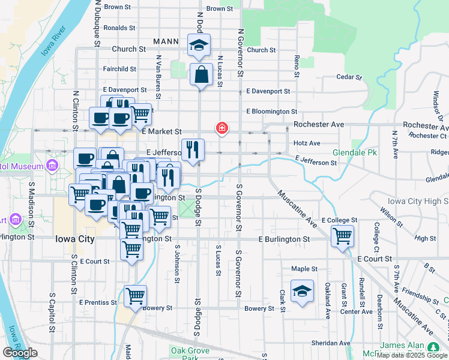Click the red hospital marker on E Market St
click(222, 128)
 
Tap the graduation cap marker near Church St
click(198, 45)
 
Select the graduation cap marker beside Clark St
click(302, 292)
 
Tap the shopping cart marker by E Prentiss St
click(136, 296)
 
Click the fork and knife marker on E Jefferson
click(193, 149)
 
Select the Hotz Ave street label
click(307, 143)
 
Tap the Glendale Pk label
click(355, 153)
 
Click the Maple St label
click(304, 269)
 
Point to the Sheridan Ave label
click(330, 343)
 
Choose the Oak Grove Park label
click(190, 354)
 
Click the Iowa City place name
click(74, 239)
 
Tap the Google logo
click(20, 353)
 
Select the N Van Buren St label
click(158, 77)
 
